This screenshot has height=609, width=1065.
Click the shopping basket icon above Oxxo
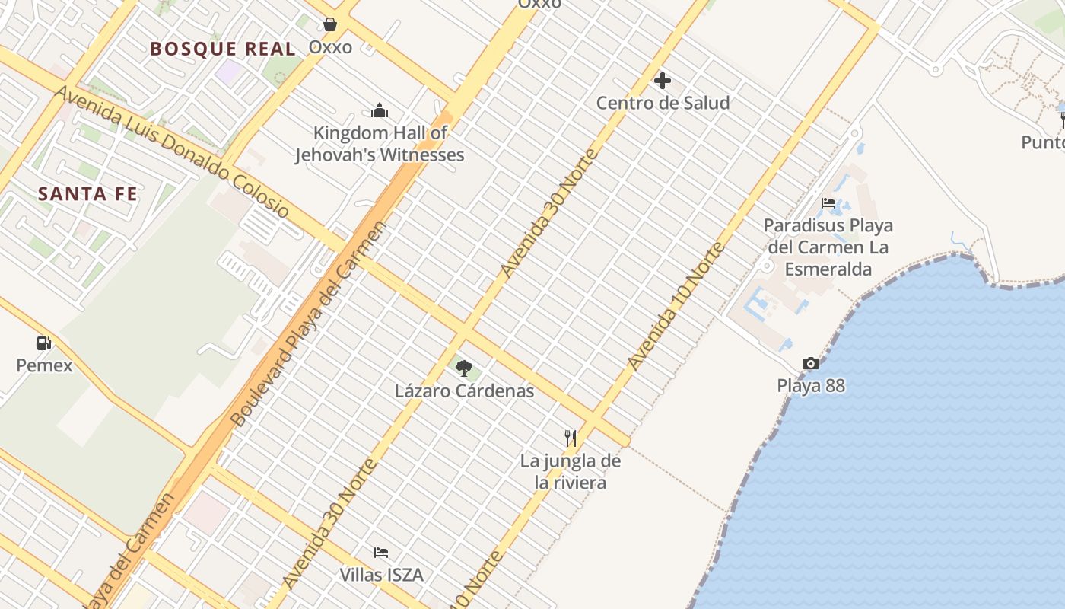330,24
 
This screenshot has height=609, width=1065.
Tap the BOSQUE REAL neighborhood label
222,49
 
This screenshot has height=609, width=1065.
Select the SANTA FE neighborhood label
88,193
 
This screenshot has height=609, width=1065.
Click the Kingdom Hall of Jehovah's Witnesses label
380,144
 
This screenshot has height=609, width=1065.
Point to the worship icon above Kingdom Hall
380,111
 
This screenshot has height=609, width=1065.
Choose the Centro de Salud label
663,103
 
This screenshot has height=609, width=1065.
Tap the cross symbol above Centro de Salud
663,80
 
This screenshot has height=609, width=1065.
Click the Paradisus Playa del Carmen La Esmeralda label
828,247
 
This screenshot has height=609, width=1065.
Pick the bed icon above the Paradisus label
828,203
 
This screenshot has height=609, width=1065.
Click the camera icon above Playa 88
811,364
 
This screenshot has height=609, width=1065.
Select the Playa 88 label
811,385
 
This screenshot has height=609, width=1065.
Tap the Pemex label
45,365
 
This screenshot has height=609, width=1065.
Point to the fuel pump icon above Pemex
44,343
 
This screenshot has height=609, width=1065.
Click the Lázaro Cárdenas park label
464,391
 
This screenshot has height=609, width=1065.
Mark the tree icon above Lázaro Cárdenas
464,369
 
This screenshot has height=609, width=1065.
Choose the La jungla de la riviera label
571,471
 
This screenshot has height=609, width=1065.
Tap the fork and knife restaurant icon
571,438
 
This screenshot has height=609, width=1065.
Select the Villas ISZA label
381,574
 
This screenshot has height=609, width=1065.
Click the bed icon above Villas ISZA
381,552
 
